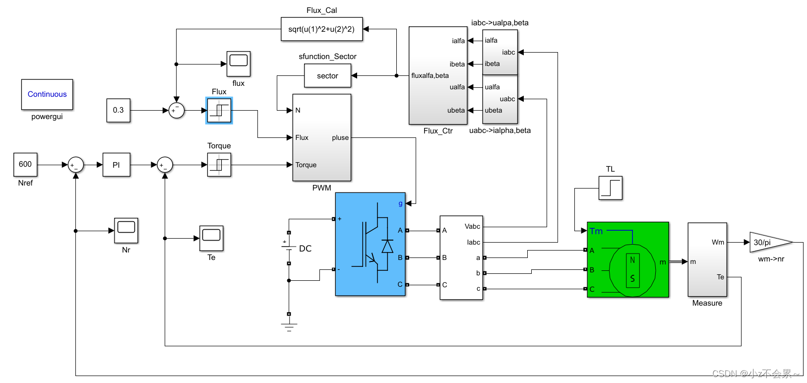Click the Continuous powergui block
click(47, 94)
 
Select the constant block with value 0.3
click(118, 110)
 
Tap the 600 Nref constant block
click(25, 164)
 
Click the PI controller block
click(116, 165)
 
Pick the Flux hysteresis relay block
click(219, 110)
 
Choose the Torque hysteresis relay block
click(219, 165)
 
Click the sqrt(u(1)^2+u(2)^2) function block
click(321, 29)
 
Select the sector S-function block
click(327, 76)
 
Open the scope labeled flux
click(239, 63)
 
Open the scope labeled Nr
click(126, 230)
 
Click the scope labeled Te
click(211, 237)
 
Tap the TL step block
click(611, 188)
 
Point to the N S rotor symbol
click(632, 269)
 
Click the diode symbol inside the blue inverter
click(387, 247)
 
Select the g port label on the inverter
click(401, 203)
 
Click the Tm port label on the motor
click(596, 231)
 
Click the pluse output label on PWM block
click(340, 138)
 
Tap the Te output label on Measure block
click(720, 277)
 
